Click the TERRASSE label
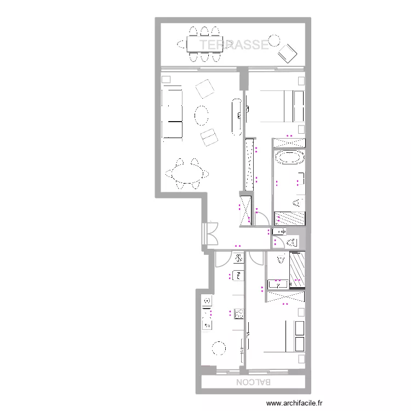[234, 45]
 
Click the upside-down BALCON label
[253, 382]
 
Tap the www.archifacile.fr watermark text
[295, 404]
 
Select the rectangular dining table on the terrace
[204, 43]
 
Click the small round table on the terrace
[274, 40]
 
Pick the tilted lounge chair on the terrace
[287, 54]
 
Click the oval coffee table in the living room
[202, 115]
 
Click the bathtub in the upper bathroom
[289, 158]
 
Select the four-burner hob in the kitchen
[239, 313]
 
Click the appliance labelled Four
[239, 275]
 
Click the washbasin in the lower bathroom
[278, 284]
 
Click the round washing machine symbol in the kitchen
[207, 301]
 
